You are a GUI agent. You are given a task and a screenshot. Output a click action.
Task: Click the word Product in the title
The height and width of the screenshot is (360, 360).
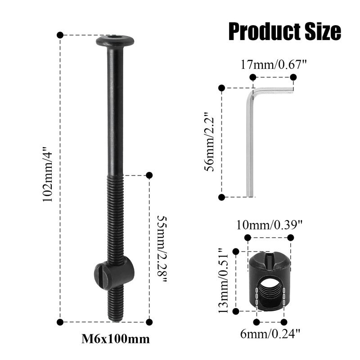265,31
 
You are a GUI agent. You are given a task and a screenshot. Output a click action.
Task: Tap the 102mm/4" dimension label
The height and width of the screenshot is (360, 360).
48,174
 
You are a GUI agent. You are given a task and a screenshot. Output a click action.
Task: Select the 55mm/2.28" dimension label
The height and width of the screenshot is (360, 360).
162,249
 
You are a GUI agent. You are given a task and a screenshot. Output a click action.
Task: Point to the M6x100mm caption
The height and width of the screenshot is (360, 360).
116,339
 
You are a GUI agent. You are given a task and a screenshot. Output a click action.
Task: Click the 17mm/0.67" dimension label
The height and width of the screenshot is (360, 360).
274,64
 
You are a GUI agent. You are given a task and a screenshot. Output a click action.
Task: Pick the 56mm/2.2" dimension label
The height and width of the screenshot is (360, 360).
209,142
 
